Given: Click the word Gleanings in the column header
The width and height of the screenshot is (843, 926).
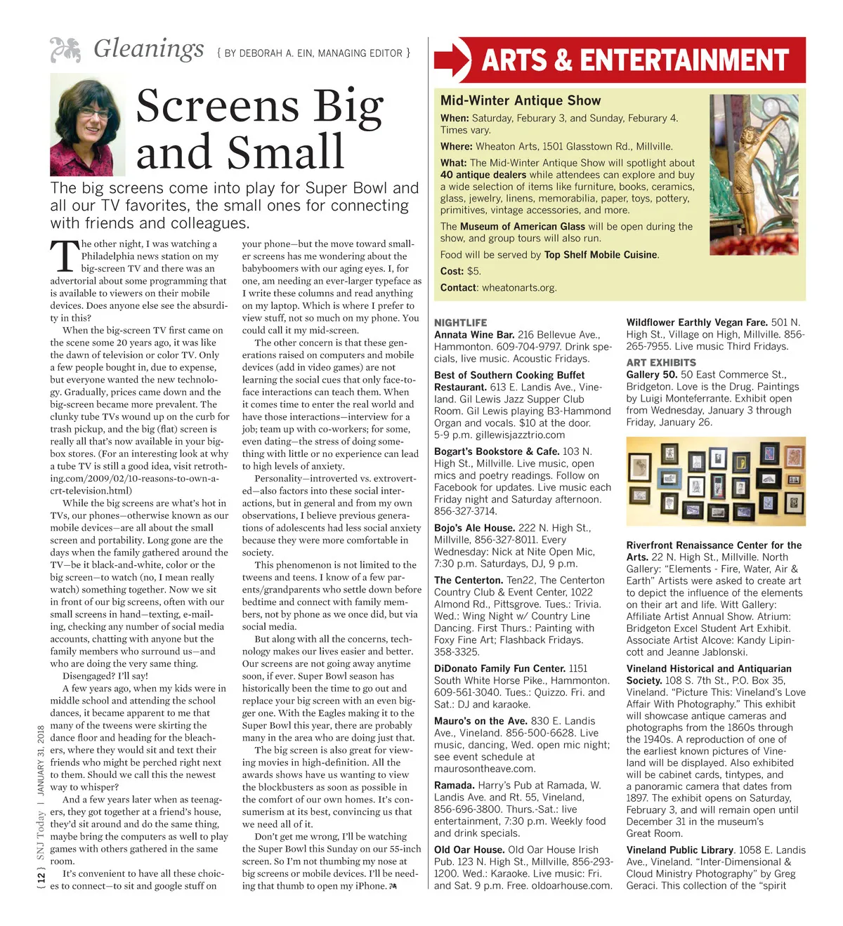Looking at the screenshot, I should click(148, 49).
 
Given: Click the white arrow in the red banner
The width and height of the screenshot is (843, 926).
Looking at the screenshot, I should click(453, 60).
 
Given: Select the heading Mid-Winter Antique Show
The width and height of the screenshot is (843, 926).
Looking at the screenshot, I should click(521, 100).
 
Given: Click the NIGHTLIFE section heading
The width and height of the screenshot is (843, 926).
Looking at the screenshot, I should click(460, 323).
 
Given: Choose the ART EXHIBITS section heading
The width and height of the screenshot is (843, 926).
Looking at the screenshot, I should click(661, 362).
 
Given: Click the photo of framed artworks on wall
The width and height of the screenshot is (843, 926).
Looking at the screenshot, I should click(715, 481).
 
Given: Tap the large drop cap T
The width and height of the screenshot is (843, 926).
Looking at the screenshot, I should click(65, 257).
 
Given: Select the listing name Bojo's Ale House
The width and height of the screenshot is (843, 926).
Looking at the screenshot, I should click(474, 527).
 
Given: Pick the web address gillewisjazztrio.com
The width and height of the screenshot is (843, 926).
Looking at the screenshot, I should click(519, 435).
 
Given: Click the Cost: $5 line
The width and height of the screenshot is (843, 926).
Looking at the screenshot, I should click(461, 271).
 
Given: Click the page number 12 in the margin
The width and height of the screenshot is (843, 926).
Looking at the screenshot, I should click(41, 877).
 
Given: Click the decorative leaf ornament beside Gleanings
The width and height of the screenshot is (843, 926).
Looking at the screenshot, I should click(66, 50).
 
